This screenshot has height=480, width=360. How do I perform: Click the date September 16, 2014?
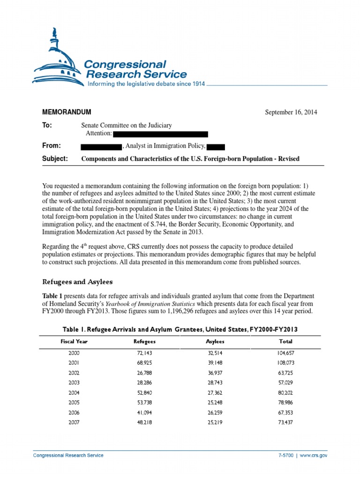291,112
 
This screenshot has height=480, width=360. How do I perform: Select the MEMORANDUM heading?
67,112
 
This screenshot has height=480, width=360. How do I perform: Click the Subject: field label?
55,158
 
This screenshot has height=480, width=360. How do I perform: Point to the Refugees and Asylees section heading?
77,282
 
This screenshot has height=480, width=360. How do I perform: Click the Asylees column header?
215,342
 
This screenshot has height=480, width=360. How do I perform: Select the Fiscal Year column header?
74,342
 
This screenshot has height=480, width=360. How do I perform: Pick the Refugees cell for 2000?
144,353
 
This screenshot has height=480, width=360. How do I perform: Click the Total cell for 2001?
285,363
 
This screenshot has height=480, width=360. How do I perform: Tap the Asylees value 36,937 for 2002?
215,373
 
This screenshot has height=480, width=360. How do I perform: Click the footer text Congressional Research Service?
68,455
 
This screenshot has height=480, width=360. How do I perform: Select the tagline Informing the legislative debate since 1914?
146,84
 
